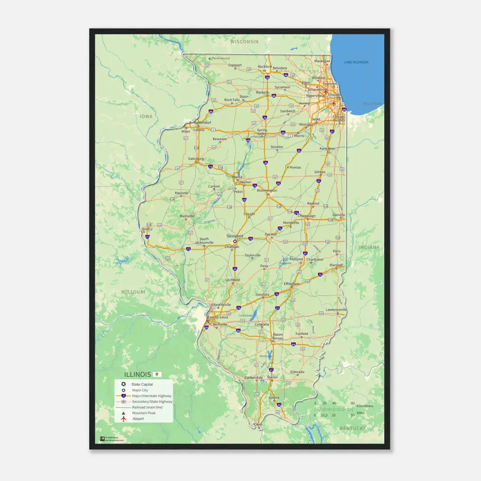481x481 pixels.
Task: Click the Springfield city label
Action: pyautogui.click(x=234, y=236)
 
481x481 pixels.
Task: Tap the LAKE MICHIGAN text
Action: pyautogui.click(x=356, y=62)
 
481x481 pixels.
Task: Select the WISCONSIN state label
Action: pyautogui.click(x=244, y=42)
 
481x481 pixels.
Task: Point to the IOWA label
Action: pyautogui.click(x=146, y=116)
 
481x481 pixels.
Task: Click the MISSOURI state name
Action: pyautogui.click(x=133, y=292)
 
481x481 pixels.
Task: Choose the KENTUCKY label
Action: pyautogui.click(x=353, y=428)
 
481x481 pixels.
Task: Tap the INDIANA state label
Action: pyautogui.click(x=370, y=247)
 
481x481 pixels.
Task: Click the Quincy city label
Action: pyautogui.click(x=147, y=229)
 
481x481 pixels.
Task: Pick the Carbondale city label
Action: pyautogui.click(x=254, y=378)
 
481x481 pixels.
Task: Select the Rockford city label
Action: pyautogui.click(x=264, y=67)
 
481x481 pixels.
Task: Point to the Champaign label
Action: pyautogui.click(x=307, y=216)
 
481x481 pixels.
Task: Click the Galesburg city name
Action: pyautogui.click(x=196, y=159)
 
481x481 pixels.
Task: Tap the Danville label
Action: pyautogui.click(x=339, y=215)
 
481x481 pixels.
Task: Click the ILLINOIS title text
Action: pyautogui.click(x=138, y=374)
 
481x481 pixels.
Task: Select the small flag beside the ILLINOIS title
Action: pyautogui.click(x=158, y=374)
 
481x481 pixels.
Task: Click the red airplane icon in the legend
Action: pyautogui.click(x=123, y=419)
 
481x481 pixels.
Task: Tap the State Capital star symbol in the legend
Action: pyautogui.click(x=123, y=384)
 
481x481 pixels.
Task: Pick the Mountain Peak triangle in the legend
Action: pyautogui.click(x=123, y=413)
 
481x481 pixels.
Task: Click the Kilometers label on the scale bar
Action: pyautogui.click(x=365, y=406)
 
